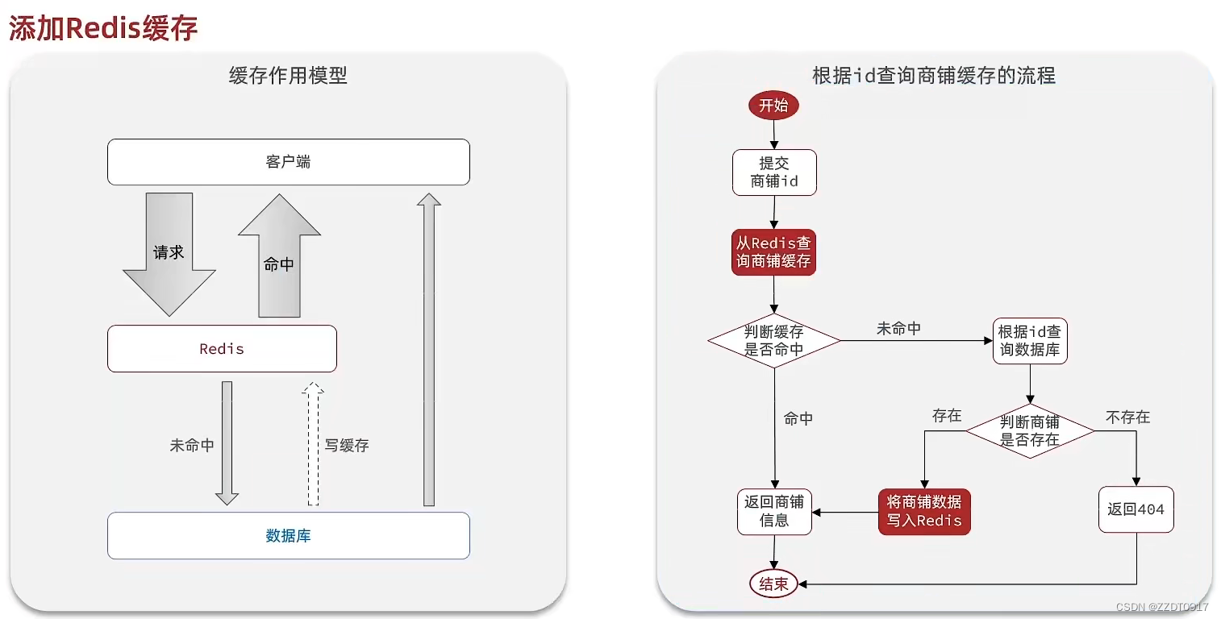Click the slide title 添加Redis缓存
pyautogui.click(x=103, y=28)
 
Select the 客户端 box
pyautogui.click(x=288, y=162)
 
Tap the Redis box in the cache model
pyautogui.click(x=222, y=349)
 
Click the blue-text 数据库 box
pyautogui.click(x=288, y=536)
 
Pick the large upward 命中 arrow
pyautogui.click(x=279, y=258)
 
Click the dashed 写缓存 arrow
pyautogui.click(x=313, y=445)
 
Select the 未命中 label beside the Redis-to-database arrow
pyautogui.click(x=192, y=445)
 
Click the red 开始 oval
pyautogui.click(x=773, y=106)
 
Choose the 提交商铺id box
pyautogui.click(x=774, y=172)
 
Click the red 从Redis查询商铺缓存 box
pyautogui.click(x=773, y=252)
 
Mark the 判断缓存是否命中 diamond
pyautogui.click(x=774, y=340)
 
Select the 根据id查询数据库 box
pyautogui.click(x=1030, y=341)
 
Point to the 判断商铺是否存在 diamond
pyautogui.click(x=1030, y=431)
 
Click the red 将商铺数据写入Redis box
pyautogui.click(x=924, y=511)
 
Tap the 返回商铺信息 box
pyautogui.click(x=774, y=511)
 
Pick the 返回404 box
pyautogui.click(x=1136, y=509)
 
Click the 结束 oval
pyautogui.click(x=773, y=584)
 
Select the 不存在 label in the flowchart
pyautogui.click(x=1127, y=417)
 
